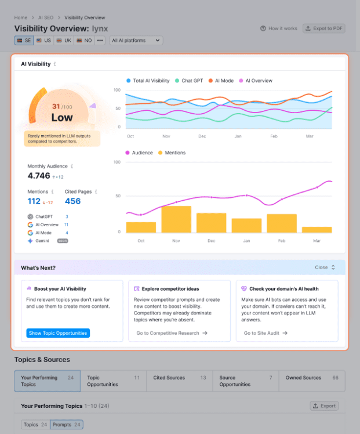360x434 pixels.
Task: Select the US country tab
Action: (x=44, y=41)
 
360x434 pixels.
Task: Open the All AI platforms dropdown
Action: (x=136, y=41)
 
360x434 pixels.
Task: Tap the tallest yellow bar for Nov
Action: (x=176, y=219)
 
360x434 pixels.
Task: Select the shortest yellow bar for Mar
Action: (x=317, y=230)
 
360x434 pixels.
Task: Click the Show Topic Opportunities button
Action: (x=58, y=333)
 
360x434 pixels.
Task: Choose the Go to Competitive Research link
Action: (x=172, y=333)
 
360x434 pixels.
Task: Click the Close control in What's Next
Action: (x=325, y=267)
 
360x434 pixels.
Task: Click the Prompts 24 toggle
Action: (x=67, y=425)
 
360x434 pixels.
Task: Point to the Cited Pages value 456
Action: (x=72, y=201)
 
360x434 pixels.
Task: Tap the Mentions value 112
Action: (x=34, y=201)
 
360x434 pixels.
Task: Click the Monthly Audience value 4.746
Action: (x=39, y=176)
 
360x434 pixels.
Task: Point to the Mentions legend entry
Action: (x=172, y=153)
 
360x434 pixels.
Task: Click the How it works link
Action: (x=279, y=28)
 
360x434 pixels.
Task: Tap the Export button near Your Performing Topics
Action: (x=324, y=406)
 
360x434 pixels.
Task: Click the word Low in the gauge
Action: (x=62, y=118)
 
